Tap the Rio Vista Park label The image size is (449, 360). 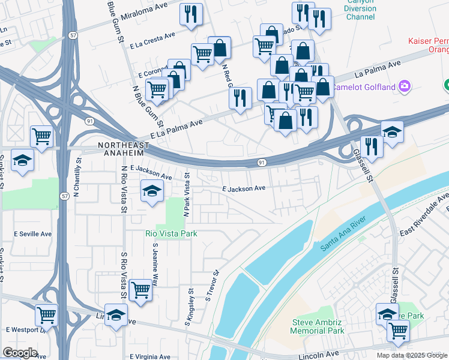pyautogui.click(x=171, y=233)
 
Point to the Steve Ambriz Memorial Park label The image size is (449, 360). pyautogui.click(x=318, y=326)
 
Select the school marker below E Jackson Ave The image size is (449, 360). pyautogui.click(x=152, y=192)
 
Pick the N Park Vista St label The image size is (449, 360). pyautogui.click(x=187, y=195)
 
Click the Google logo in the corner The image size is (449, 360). pyautogui.click(x=20, y=353)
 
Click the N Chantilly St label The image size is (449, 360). pyautogui.click(x=77, y=175)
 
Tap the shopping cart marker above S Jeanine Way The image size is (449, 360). pyautogui.click(x=140, y=290)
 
